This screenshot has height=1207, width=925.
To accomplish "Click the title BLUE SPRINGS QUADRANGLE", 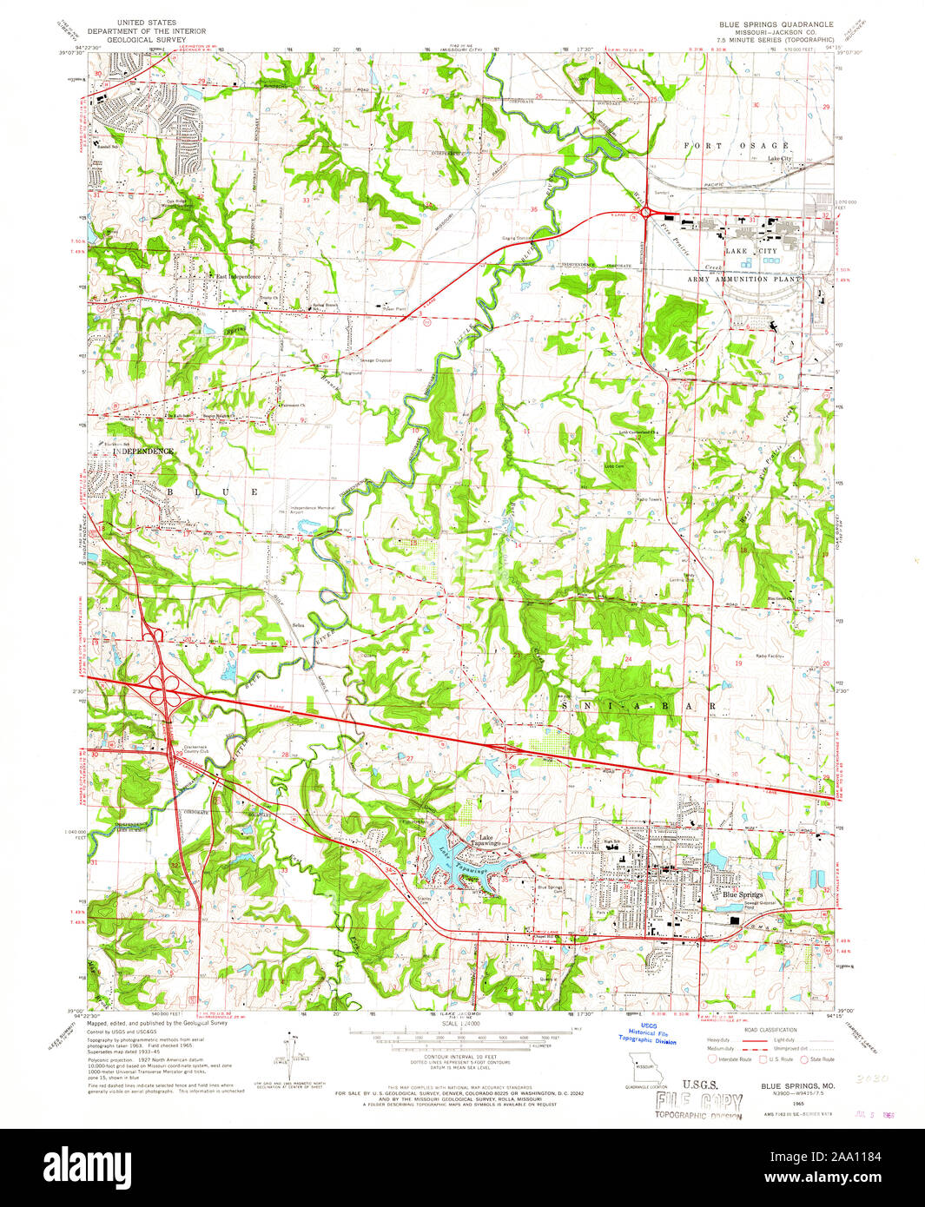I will click(x=763, y=24).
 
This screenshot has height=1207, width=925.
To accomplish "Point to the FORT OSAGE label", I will click(x=737, y=145).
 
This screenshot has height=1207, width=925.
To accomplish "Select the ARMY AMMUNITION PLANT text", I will click(x=744, y=280).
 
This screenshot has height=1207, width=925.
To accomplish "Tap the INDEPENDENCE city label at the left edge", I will click(x=140, y=452).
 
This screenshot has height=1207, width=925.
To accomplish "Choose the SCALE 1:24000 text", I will click(x=461, y=1024).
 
